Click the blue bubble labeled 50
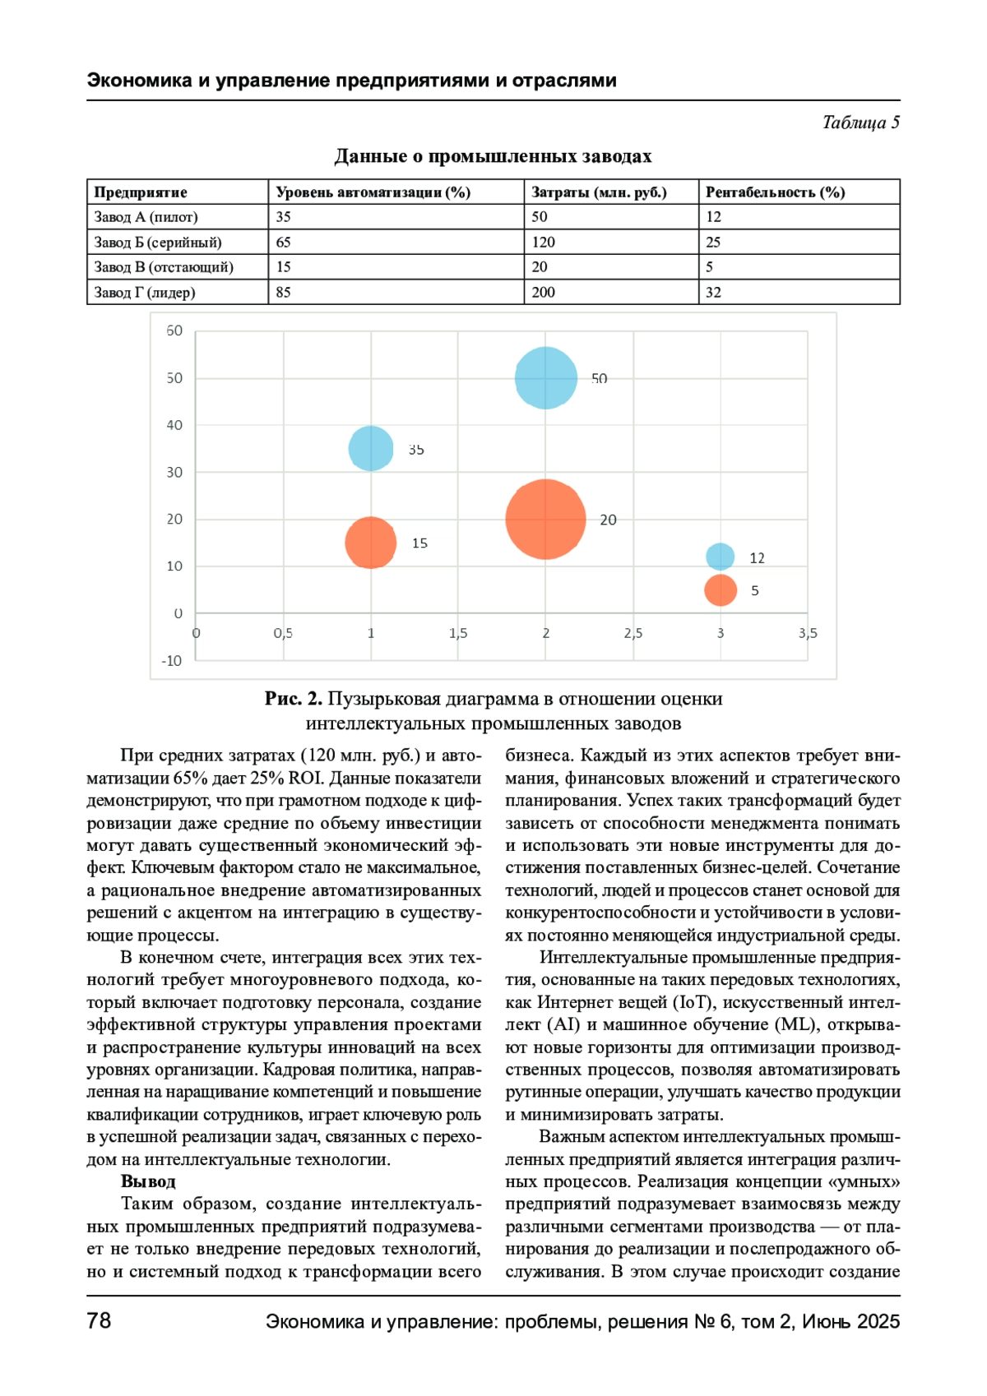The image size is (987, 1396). [545, 378]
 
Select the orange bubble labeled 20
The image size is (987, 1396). [545, 519]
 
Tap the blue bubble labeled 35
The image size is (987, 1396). [371, 449]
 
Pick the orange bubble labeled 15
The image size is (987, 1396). [371, 543]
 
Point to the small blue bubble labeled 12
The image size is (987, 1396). [720, 557]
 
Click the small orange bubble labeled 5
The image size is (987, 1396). [720, 589]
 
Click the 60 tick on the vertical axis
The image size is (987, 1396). [174, 331]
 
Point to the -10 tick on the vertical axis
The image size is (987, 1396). [172, 661]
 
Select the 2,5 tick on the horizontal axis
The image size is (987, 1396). [633, 634]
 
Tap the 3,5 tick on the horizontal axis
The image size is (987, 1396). [808, 634]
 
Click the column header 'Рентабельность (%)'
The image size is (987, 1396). [775, 192]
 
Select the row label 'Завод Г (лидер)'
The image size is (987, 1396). [145, 293]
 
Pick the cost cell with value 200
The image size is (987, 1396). [544, 293]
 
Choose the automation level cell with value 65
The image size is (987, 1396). [284, 243]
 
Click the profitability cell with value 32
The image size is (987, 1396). [713, 293]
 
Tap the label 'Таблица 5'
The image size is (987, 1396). [860, 122]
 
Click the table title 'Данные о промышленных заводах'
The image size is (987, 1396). [493, 156]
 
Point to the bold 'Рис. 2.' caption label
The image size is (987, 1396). [293, 699]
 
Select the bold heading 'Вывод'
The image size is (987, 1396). [148, 1181]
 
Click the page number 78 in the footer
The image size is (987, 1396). [99, 1320]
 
